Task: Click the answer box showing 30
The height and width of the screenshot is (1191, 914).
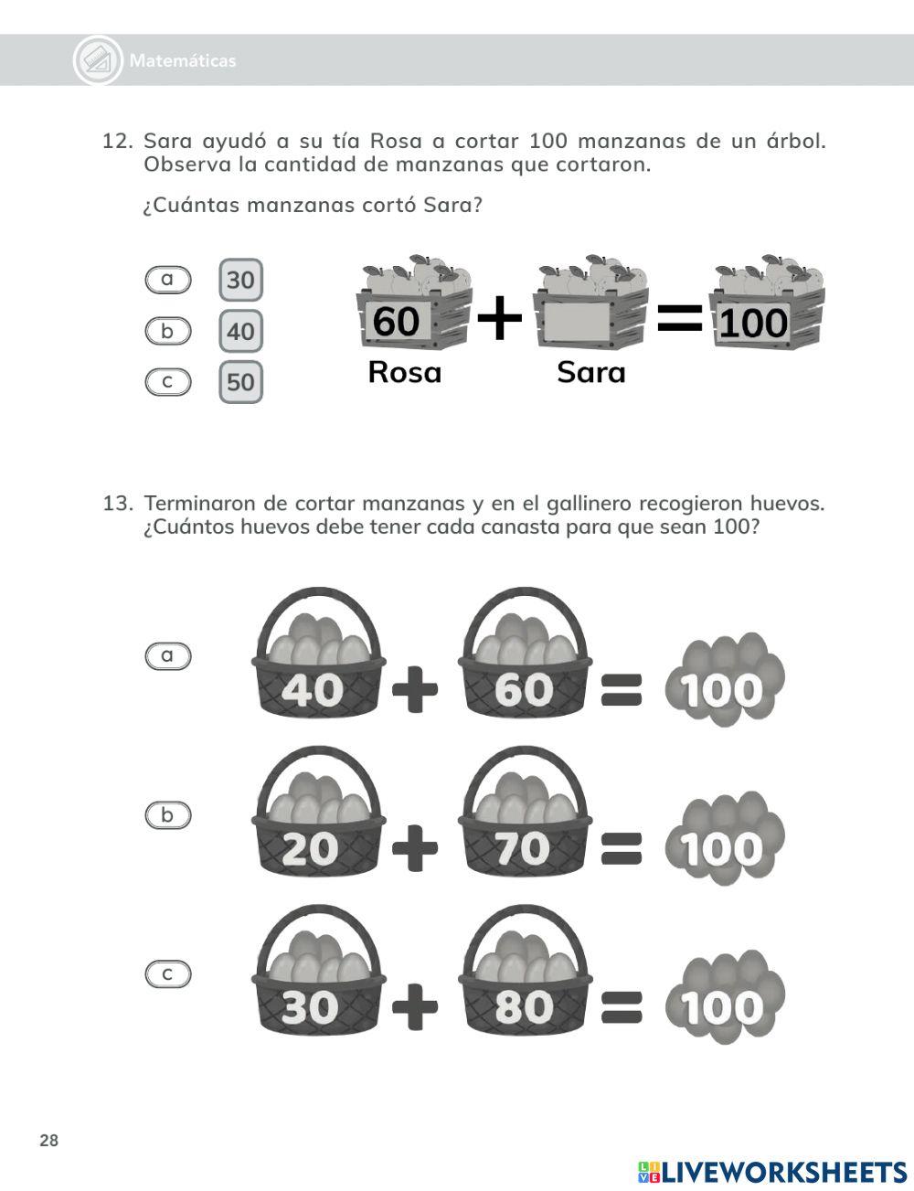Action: pos(240,280)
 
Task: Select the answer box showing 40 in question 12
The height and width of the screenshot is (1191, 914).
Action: pos(240,331)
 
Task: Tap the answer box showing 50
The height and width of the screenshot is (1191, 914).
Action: pos(240,382)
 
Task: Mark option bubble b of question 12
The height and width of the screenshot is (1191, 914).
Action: pos(168,331)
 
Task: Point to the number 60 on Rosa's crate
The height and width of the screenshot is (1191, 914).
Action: pos(397,322)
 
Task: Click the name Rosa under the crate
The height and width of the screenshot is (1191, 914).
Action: pos(404,372)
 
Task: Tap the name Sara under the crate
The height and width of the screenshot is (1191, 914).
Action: pos(590,372)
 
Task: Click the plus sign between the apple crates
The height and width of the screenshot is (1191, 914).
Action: pos(500,319)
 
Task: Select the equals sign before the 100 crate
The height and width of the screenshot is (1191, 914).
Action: pos(680,319)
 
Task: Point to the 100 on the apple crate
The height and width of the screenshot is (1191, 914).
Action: pos(752,324)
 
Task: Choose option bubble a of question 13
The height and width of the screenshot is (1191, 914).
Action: pos(168,655)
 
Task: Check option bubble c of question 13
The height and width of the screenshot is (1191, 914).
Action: pos(168,974)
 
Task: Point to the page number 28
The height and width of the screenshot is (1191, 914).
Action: pos(49,1140)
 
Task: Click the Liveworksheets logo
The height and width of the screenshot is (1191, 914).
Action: pos(771,1172)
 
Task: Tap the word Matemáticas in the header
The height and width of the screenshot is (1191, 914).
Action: pos(183,61)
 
